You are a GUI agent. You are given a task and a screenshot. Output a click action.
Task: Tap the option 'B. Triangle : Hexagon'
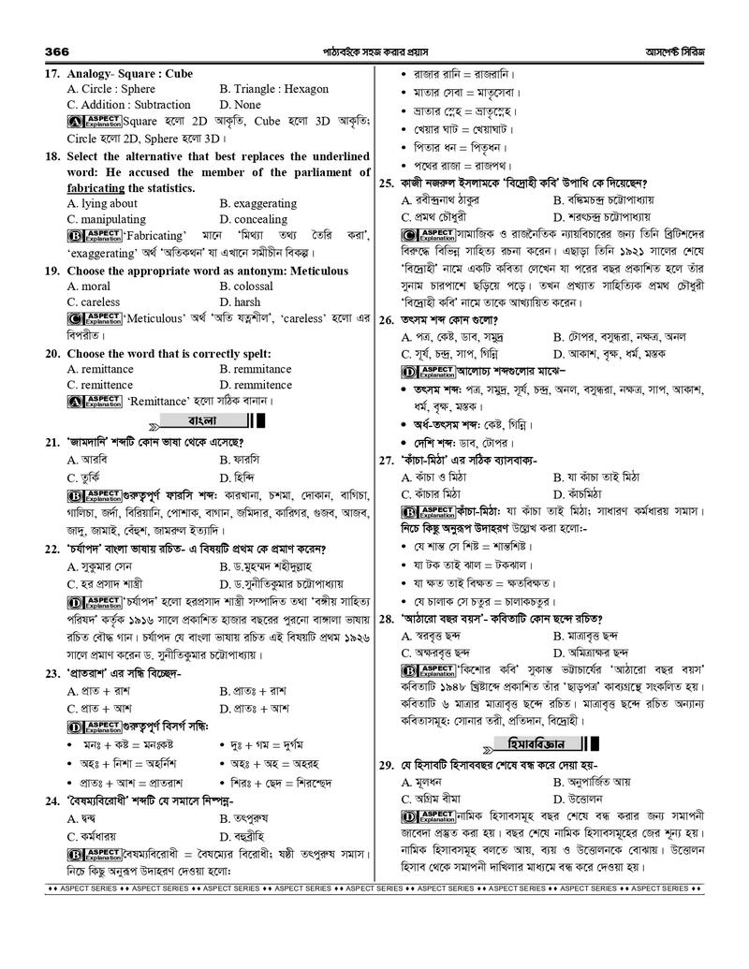coord(273,89)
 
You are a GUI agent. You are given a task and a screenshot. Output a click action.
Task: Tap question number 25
coord(387,184)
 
